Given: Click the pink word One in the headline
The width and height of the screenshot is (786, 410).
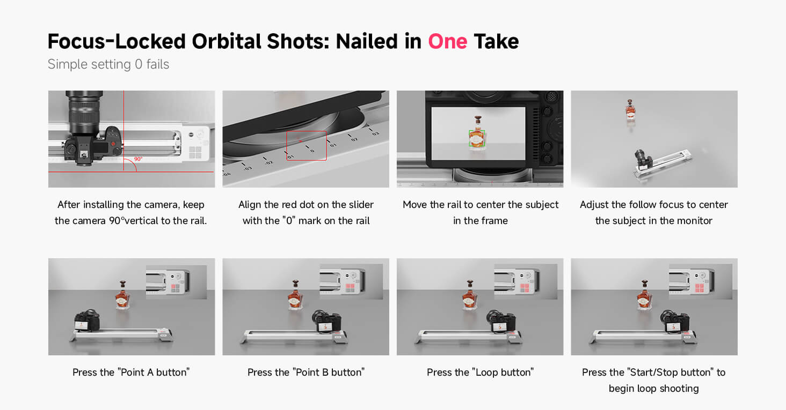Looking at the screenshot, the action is [447, 41].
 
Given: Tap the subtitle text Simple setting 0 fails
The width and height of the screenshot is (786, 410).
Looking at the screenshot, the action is [108, 64].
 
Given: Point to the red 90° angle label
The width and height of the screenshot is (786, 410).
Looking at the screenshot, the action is [139, 159].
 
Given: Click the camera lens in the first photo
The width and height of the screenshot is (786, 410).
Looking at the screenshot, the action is [84, 111].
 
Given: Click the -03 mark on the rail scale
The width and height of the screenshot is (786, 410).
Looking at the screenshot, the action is [248, 168].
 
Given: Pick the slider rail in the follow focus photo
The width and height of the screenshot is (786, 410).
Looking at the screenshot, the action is [663, 163].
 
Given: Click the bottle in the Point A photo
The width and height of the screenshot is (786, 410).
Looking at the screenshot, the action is [122, 295].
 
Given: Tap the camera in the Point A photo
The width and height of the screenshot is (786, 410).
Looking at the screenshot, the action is [87, 320].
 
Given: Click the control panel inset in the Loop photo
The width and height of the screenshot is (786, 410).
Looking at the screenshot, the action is [526, 282].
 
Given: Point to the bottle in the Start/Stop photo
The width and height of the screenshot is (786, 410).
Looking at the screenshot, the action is [645, 295].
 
